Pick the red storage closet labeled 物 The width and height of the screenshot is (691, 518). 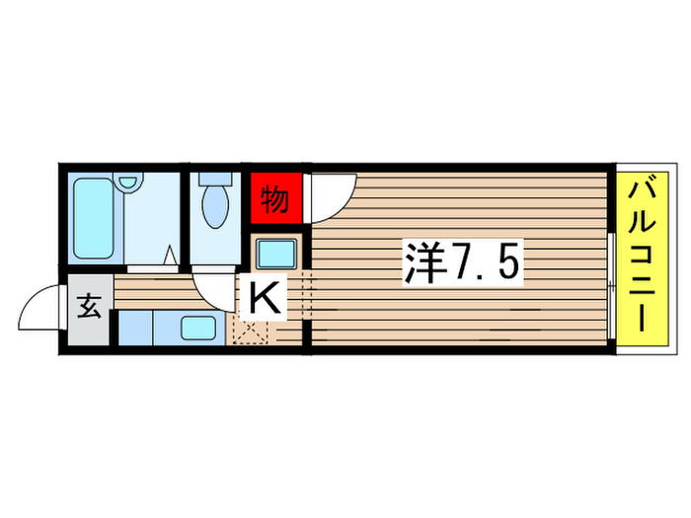275,200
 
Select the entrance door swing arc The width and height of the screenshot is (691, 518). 36,306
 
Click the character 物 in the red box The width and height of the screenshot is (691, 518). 275,200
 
